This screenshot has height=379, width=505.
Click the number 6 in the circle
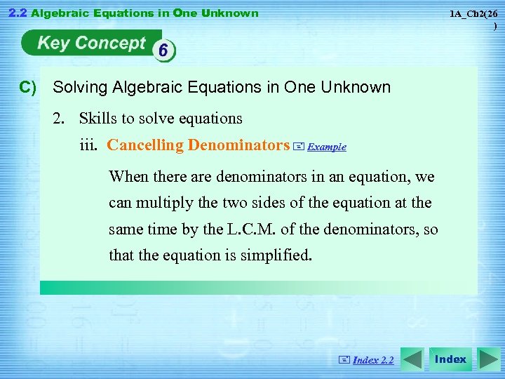(x=163, y=50)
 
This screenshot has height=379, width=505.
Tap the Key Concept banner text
(x=91, y=44)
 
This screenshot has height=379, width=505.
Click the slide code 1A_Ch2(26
(x=479, y=14)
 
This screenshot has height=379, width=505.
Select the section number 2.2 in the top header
(x=15, y=13)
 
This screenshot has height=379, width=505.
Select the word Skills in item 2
(x=95, y=118)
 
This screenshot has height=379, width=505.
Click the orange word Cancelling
(x=145, y=145)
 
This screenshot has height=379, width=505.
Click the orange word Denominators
(x=238, y=145)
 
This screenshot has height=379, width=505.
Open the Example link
(x=327, y=147)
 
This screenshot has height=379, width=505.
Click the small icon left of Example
(x=299, y=147)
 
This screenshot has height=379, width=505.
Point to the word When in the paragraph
(x=128, y=176)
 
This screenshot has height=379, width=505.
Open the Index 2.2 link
(x=373, y=360)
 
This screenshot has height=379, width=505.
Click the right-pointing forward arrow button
(x=488, y=359)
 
